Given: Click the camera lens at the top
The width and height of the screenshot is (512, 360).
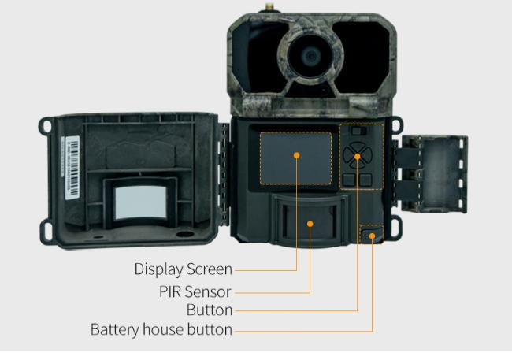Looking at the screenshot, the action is pyautogui.click(x=310, y=56).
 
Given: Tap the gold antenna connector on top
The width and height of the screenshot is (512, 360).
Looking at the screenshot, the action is pyautogui.click(x=269, y=7).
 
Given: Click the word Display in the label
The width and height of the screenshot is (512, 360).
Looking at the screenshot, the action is pyautogui.click(x=158, y=269).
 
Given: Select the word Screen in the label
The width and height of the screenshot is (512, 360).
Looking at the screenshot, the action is pyautogui.click(x=210, y=269).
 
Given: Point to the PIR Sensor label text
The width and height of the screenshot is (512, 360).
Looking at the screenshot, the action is pyautogui.click(x=195, y=291).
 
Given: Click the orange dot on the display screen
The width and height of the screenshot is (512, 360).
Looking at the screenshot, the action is pyautogui.click(x=296, y=155).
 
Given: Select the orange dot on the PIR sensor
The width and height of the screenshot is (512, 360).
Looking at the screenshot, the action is pyautogui.click(x=310, y=224).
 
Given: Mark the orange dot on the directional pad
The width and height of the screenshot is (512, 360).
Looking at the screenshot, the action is pyautogui.click(x=358, y=157).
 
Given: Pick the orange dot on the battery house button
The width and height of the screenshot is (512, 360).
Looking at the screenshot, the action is pyautogui.click(x=372, y=236).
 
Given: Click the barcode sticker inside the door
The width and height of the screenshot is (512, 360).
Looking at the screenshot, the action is pyautogui.click(x=72, y=167).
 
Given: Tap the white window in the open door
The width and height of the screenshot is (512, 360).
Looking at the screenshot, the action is pyautogui.click(x=140, y=202).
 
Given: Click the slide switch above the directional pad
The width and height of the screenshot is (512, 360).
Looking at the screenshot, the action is pyautogui.click(x=358, y=131).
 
